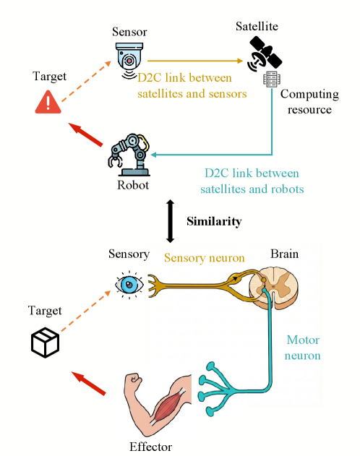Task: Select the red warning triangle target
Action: coord(48,103)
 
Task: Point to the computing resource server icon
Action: coord(272,79)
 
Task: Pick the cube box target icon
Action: coord(45,342)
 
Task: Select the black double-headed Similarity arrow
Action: coord(171,221)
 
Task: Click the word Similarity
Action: coord(213,221)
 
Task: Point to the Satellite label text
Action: coord(257,26)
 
